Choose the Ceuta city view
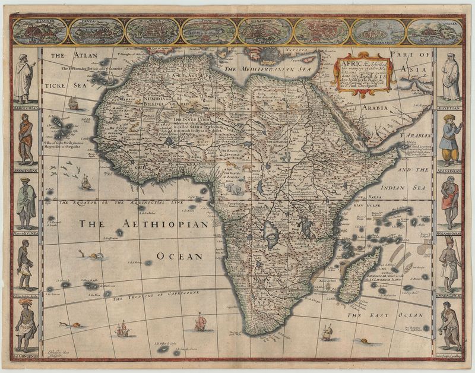coord(96,31)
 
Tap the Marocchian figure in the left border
coord(24,77)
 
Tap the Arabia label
coord(371,109)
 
